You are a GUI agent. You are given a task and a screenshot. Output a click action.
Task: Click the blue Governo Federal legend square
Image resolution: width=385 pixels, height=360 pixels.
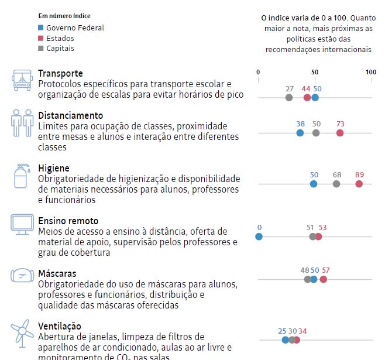40,28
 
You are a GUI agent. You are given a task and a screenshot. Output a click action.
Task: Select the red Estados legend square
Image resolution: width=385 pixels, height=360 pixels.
40,38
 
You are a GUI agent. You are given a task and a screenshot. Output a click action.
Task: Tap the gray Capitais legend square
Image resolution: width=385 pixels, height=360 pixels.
40,49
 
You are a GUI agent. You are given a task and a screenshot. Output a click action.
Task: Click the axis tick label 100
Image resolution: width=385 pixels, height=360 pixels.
371,73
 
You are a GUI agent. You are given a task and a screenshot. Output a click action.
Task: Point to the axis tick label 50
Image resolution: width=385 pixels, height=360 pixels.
315,73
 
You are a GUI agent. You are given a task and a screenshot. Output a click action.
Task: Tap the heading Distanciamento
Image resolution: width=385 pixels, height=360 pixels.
70,115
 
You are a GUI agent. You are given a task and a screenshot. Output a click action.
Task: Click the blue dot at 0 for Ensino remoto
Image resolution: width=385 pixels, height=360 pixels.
259,236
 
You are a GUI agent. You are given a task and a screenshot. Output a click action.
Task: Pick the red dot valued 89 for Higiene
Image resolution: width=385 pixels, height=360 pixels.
359,184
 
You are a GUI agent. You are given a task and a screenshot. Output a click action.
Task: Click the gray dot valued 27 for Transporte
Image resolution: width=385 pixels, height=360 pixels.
289,97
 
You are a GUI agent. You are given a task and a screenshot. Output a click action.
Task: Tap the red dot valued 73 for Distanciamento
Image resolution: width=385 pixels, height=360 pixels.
340,133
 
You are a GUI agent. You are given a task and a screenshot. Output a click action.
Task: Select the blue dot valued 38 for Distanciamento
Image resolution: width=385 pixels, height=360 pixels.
300,133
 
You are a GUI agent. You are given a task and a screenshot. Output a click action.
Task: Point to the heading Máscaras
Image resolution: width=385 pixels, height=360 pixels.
57,273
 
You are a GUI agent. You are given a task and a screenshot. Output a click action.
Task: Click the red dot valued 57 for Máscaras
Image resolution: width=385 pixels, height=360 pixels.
323,279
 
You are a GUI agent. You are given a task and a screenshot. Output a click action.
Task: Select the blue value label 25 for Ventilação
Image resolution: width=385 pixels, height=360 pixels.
283,331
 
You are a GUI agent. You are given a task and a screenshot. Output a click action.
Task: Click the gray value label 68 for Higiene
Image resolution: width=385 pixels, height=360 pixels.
336,174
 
